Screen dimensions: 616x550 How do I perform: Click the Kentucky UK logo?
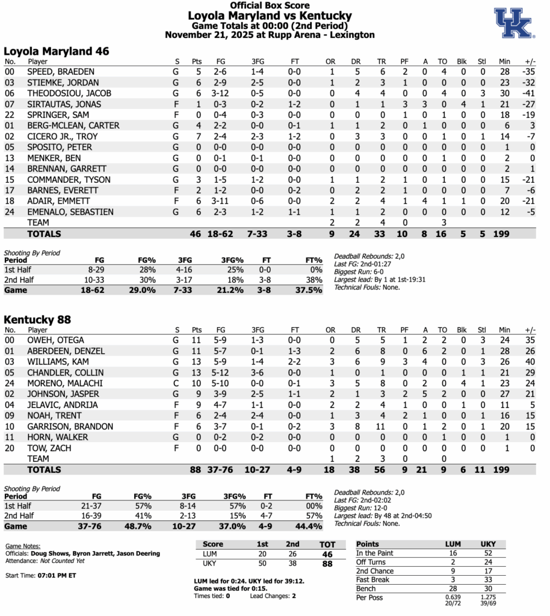513,23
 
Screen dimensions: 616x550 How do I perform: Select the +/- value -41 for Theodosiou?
530,93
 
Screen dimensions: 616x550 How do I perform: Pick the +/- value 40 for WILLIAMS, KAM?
531,362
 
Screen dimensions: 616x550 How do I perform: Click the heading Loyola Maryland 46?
57,52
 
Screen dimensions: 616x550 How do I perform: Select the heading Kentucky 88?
37,320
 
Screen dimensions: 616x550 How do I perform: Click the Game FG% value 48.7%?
144,526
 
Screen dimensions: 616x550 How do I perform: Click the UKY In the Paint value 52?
488,553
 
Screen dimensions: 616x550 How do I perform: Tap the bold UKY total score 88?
326,564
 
